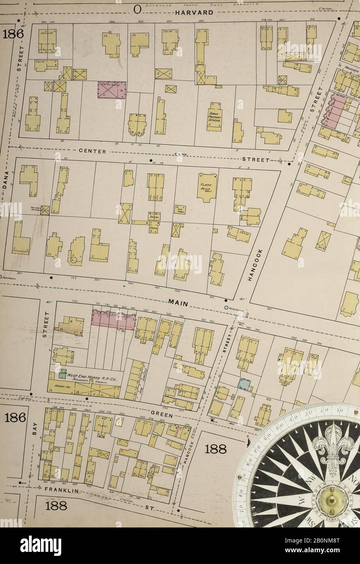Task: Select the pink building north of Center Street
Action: click(x=111, y=90)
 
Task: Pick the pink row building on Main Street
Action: click(x=113, y=320)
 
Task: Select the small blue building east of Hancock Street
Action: click(x=244, y=384)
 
